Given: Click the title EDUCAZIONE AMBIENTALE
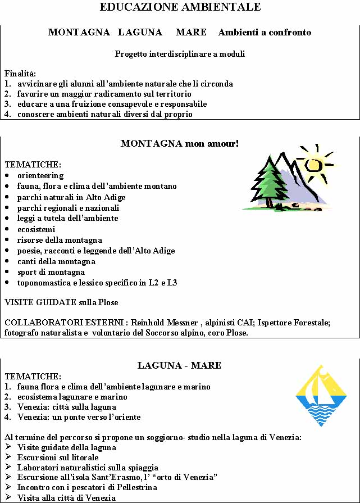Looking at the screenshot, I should (180, 7).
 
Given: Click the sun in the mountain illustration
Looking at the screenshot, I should (316, 164).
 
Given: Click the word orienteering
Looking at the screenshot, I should (40, 175).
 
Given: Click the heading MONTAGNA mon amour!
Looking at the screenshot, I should (180, 144).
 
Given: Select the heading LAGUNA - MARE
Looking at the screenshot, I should (180, 366).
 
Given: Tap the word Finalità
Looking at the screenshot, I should (20, 74).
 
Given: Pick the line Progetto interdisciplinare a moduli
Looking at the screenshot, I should (180, 55).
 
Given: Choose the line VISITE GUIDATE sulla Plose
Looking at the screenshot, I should (62, 302).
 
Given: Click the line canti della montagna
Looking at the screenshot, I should (56, 261).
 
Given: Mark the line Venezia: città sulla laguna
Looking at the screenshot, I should (67, 407).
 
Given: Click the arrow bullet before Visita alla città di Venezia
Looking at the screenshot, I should (8, 497).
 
